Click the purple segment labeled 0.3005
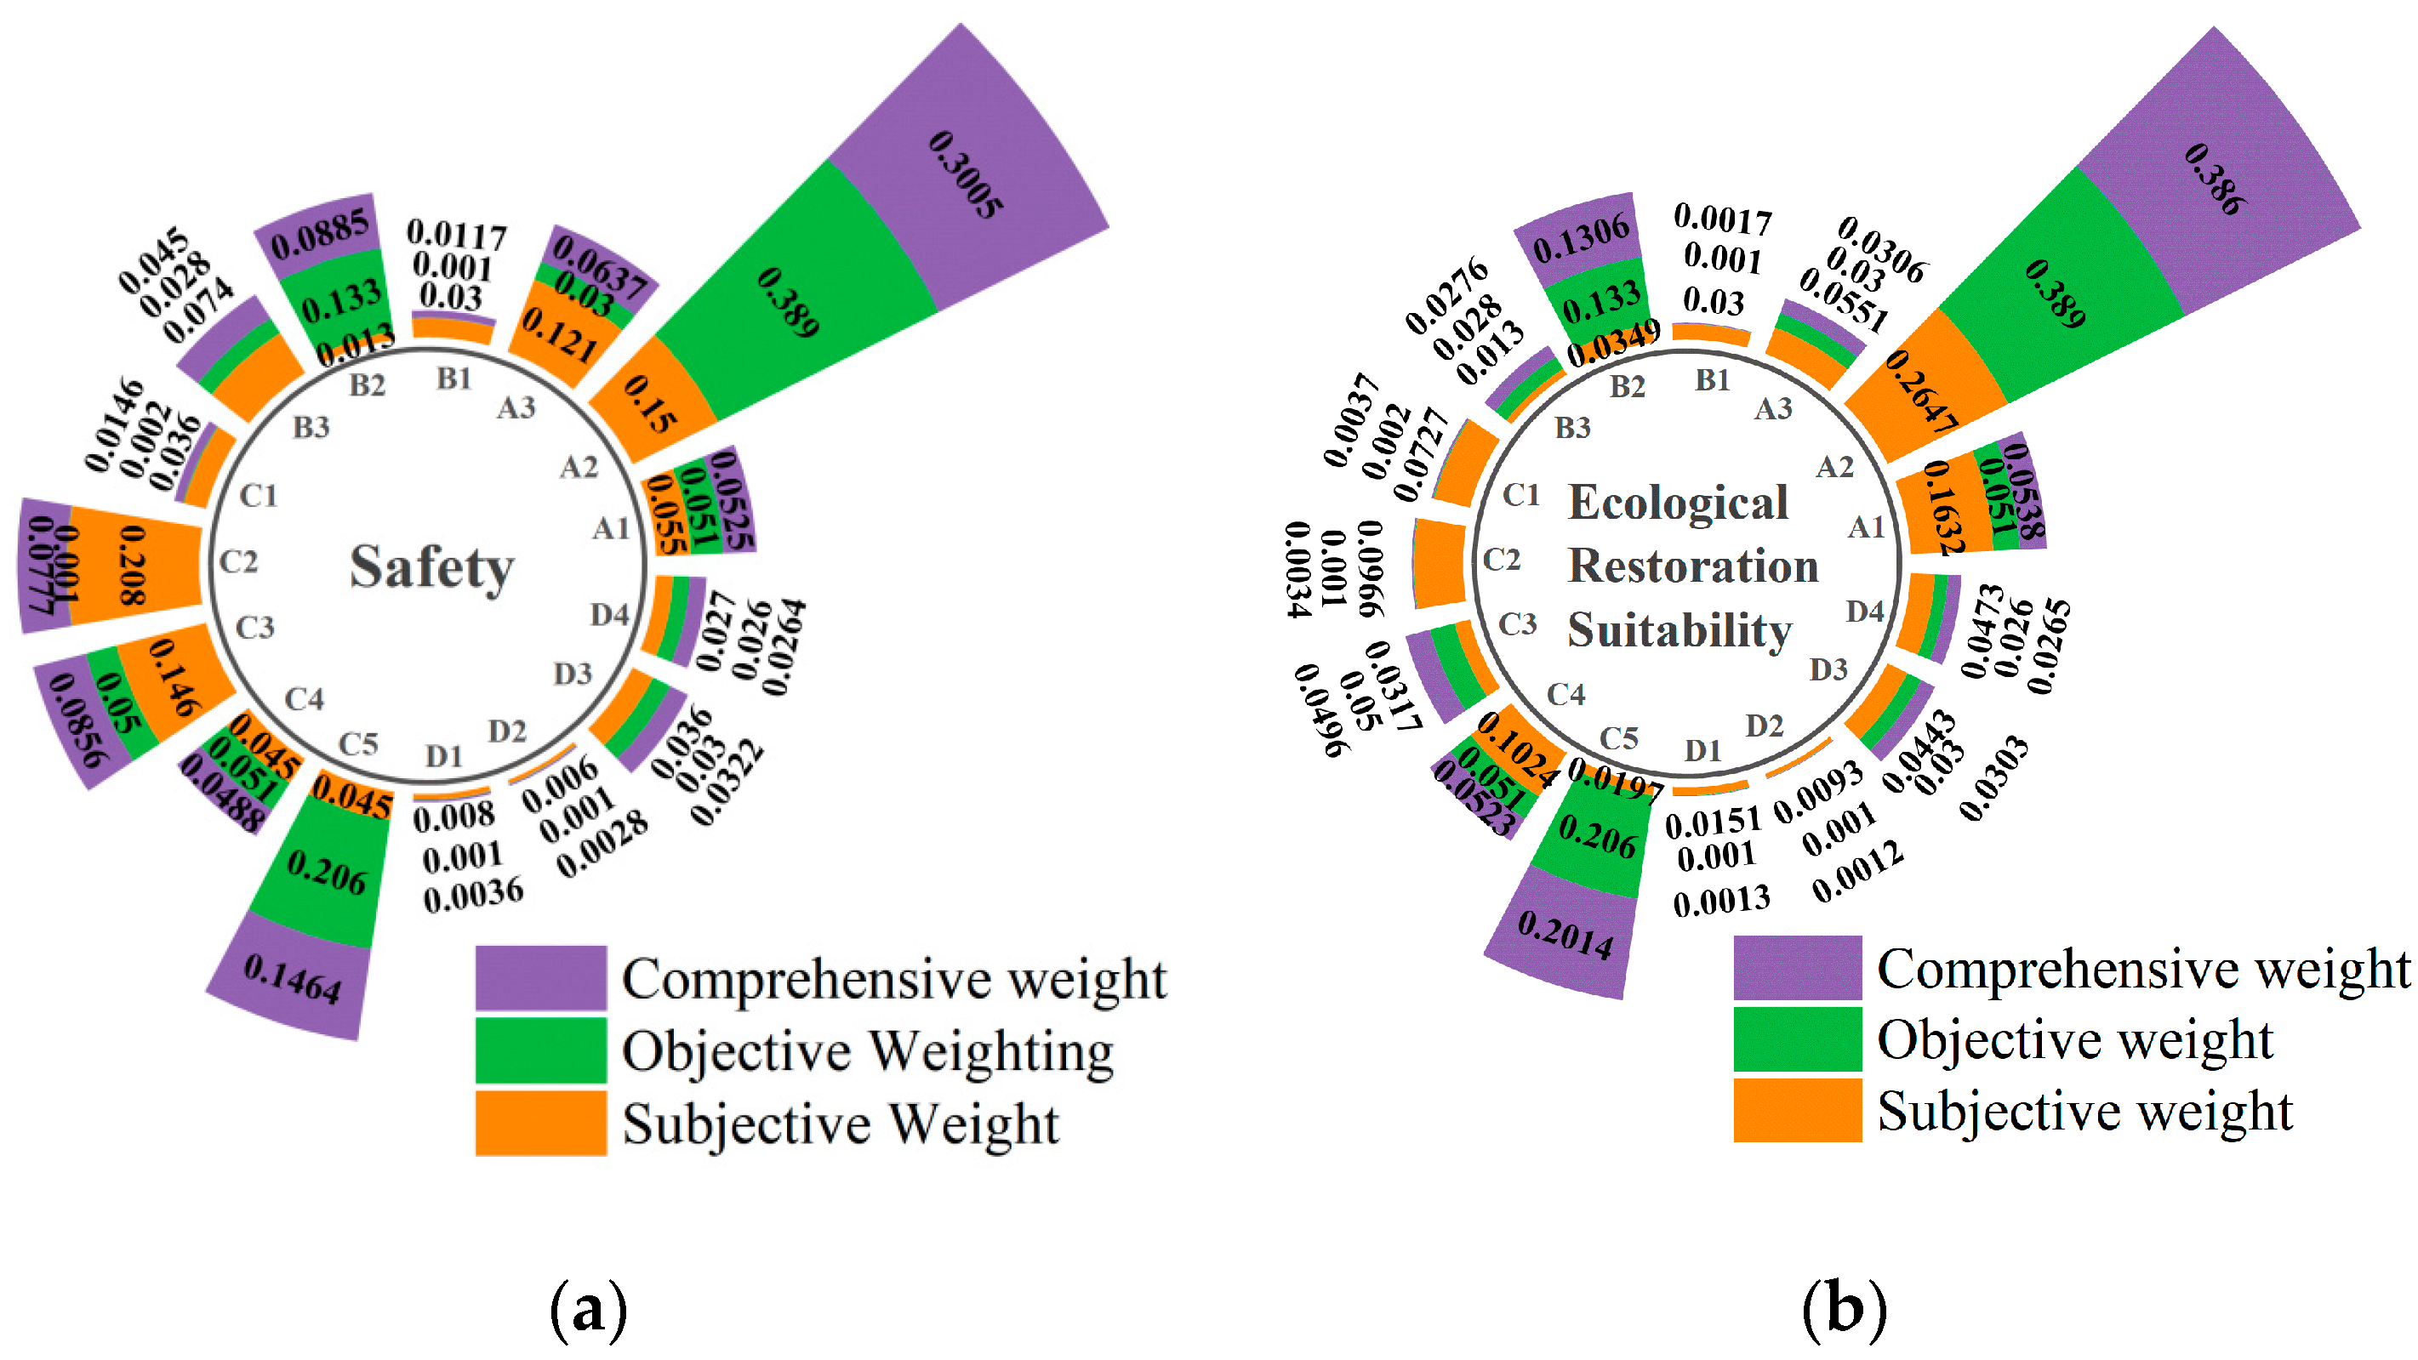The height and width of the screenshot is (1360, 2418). pos(967,174)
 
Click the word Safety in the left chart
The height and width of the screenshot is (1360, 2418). pos(432,568)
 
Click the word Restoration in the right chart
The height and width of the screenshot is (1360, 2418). pos(1693,566)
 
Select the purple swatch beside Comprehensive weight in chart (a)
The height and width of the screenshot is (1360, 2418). pos(540,977)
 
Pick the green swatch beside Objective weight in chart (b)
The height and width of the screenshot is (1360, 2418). pos(1797,1039)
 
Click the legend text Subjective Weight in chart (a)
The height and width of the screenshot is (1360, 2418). pos(840,1124)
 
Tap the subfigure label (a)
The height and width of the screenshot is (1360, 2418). pos(589,1308)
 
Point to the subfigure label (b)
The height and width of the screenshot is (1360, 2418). pos(1844,1308)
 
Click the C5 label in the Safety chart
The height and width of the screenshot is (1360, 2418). pos(358,744)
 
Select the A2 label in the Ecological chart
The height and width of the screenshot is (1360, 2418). pos(1835,466)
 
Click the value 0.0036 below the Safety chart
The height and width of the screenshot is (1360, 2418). pos(473,895)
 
